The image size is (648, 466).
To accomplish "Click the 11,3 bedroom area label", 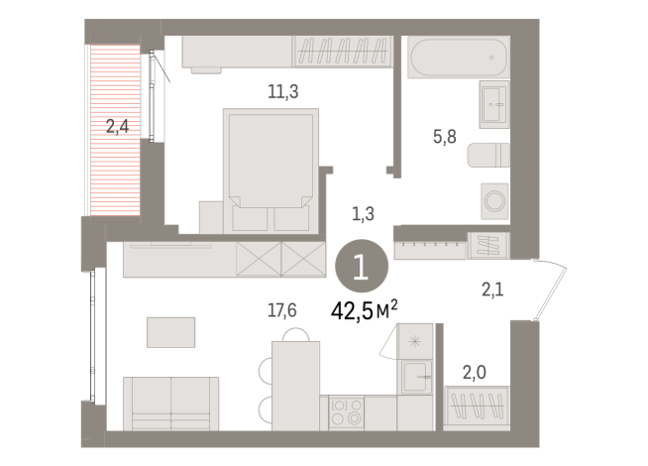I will coord(282,92).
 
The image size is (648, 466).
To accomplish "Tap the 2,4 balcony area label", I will coord(117,126).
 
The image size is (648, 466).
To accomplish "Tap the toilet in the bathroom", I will coord(486,156).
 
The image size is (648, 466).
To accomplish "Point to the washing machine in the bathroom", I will coord(493,198).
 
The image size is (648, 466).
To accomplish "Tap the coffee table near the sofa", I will coord(171,331).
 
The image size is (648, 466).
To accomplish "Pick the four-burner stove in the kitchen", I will coord(348,410).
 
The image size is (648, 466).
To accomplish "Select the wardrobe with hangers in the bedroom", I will coord(343,51).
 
